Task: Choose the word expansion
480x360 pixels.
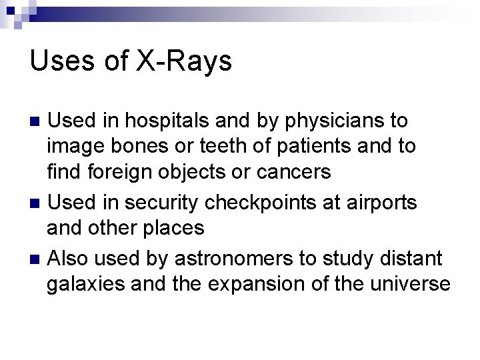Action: point(256,285)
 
